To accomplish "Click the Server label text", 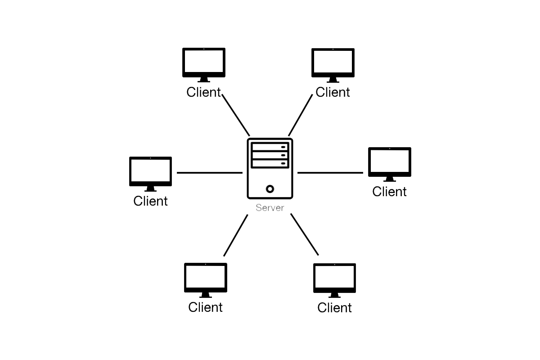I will coord(270,208).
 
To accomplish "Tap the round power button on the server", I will coord(270,189).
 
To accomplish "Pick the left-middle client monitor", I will coord(150,171).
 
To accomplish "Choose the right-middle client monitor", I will coord(390,162).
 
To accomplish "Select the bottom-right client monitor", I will coord(334,278).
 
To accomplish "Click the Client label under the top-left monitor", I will coord(204,92).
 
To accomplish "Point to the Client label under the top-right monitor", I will coord(333,92).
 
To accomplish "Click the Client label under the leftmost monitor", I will coord(150,201).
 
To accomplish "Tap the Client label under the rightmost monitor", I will coord(389,192).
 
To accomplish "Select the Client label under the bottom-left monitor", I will coord(205,307).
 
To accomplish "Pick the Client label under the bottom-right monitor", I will coord(334,308).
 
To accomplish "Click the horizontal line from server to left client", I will coord(210,172).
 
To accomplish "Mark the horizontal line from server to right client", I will coord(330,172).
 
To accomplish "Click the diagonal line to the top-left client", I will coord(236,115).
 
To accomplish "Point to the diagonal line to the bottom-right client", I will coord(305,234).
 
